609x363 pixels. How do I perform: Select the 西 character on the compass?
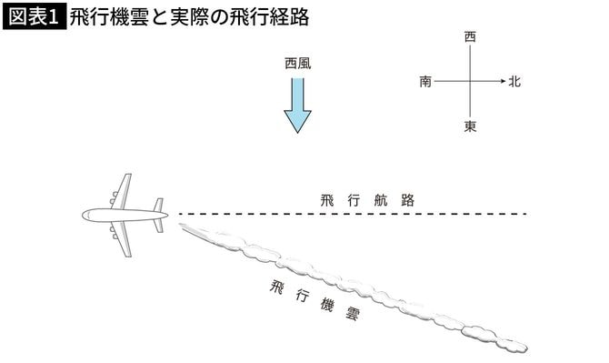coord(470,38)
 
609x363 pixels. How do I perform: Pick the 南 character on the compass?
coord(425,82)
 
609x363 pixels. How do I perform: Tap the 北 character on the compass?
coord(514,82)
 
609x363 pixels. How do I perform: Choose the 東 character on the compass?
coord(470,126)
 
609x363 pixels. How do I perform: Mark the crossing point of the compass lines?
coord(470,82)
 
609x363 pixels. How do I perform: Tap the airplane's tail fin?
coord(159,215)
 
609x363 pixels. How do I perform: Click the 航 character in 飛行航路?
coord(381,199)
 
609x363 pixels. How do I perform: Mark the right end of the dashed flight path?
coord(524,214)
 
